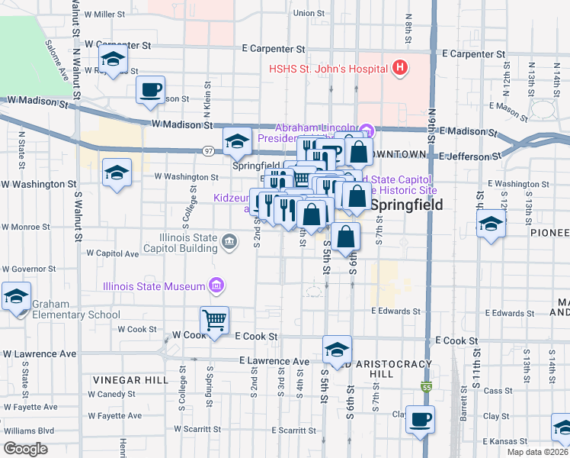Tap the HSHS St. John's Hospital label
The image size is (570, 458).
328,69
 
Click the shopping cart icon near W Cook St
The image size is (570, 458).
215,321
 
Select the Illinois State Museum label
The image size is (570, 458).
155,286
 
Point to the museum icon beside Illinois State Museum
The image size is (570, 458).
217,286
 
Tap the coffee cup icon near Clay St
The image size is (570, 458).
420,419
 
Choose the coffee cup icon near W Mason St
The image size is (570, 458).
150,89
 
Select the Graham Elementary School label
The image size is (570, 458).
76,309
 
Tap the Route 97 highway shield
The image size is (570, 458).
208,151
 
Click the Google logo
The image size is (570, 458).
25,449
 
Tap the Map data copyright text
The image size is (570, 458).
537,452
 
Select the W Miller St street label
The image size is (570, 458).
104,14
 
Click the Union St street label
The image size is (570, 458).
309,13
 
